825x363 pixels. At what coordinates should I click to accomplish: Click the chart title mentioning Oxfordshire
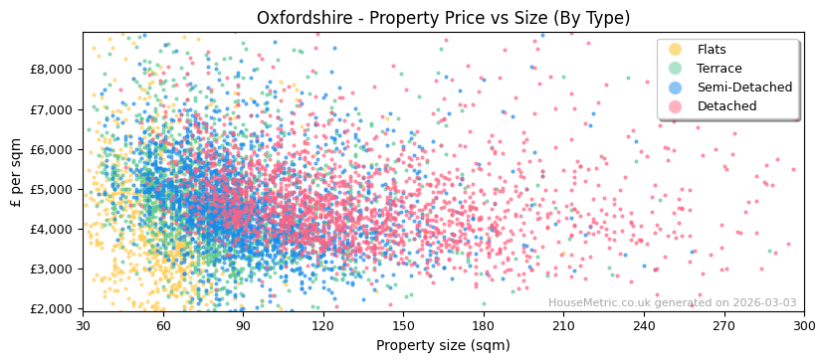tap(443, 18)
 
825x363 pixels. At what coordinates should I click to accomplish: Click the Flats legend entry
tap(711, 50)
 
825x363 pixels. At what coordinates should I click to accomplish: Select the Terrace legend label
tap(719, 69)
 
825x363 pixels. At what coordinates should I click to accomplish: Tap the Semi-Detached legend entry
tap(744, 88)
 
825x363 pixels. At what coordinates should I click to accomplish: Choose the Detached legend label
tap(726, 106)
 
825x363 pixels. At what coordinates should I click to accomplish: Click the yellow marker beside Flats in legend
tap(676, 50)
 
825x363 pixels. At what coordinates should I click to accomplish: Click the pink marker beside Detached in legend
tap(676, 106)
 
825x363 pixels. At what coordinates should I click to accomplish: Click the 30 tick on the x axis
tap(83, 325)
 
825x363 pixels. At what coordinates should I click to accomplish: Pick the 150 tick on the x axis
tap(403, 325)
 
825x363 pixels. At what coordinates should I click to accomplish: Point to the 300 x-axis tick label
tap(804, 325)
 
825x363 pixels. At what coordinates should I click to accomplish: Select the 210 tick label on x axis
tap(563, 325)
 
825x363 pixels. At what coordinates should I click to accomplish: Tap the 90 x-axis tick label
tap(243, 325)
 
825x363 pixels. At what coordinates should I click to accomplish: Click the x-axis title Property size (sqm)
tap(443, 345)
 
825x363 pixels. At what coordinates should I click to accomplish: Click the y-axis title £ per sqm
tap(17, 172)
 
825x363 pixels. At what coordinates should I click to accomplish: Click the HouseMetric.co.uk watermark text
tap(672, 302)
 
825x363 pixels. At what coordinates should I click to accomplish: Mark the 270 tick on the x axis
tap(723, 325)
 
